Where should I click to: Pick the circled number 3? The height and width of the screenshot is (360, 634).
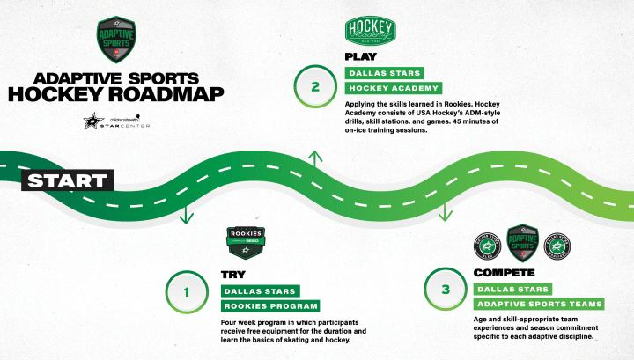click(446, 289)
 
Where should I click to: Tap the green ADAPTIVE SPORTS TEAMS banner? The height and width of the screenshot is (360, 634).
click(539, 304)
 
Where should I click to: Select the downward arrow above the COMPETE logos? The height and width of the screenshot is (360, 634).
click(446, 211)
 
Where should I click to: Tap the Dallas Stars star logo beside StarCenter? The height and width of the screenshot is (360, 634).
click(92, 122)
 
